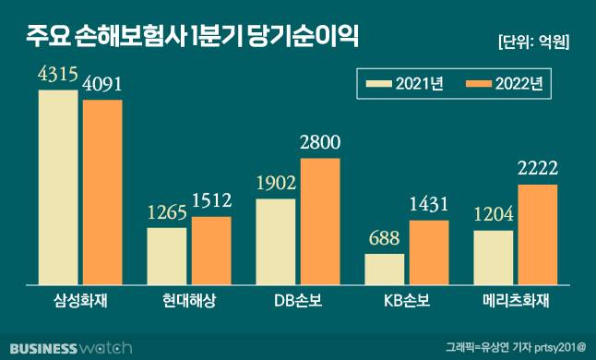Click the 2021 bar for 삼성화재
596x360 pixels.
point(57,187)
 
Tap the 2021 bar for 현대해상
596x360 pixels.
point(166,256)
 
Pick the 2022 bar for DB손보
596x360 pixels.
point(320,222)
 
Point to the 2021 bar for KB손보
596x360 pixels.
point(384,269)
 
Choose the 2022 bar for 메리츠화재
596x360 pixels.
point(538,234)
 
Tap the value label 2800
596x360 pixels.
point(321,143)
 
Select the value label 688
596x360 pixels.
point(384,239)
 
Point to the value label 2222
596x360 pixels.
point(539,170)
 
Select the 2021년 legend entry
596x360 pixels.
point(406,84)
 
